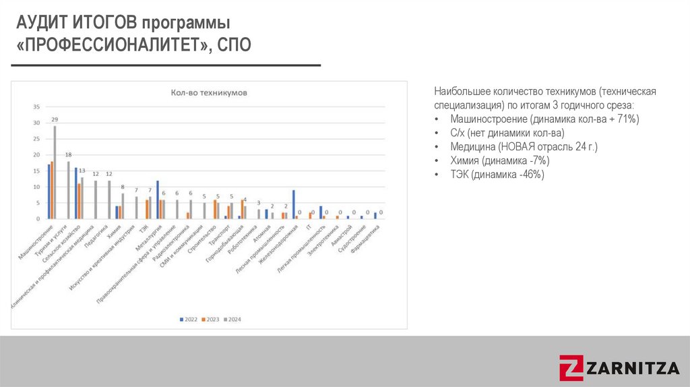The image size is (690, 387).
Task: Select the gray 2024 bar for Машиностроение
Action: pyautogui.click(x=55, y=173)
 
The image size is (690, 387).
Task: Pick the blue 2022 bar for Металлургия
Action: pyautogui.click(x=158, y=200)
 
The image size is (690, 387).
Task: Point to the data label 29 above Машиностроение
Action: pyautogui.click(x=55, y=119)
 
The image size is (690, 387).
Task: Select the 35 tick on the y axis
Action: pyautogui.click(x=36, y=107)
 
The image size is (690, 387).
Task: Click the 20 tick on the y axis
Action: pyautogui.click(x=36, y=154)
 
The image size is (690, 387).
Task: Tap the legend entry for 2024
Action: pyautogui.click(x=232, y=319)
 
